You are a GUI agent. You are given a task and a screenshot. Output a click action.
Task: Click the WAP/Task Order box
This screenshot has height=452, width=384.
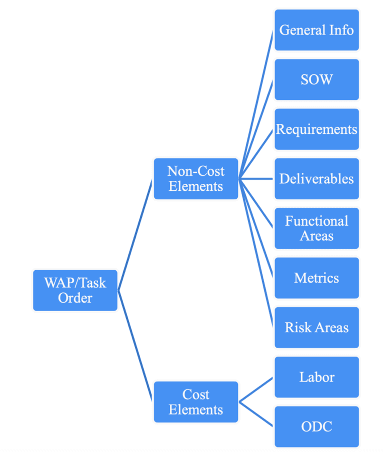pyautogui.click(x=75, y=290)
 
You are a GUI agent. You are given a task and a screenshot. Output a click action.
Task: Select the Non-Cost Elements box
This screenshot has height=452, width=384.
pyautogui.click(x=195, y=179)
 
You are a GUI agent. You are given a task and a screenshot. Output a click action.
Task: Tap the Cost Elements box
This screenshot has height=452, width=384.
pyautogui.click(x=195, y=402)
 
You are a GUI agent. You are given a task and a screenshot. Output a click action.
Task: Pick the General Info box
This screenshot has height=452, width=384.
pyautogui.click(x=316, y=30)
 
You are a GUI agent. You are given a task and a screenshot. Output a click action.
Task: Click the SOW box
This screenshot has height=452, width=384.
pyautogui.click(x=316, y=79)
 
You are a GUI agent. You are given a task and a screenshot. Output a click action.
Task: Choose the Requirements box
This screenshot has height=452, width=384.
pyautogui.click(x=316, y=129)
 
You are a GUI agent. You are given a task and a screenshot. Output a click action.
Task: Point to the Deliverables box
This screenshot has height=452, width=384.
pyautogui.click(x=316, y=179)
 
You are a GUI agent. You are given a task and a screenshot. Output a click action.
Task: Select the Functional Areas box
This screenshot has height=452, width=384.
pyautogui.click(x=316, y=228)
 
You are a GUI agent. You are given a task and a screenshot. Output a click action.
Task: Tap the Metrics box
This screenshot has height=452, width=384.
pyautogui.click(x=316, y=278)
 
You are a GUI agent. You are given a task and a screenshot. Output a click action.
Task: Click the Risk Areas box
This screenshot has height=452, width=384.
pyautogui.click(x=316, y=328)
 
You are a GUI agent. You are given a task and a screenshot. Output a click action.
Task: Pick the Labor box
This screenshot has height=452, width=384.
pyautogui.click(x=316, y=377)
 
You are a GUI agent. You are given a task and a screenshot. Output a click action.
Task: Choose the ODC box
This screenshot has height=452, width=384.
pyautogui.click(x=316, y=427)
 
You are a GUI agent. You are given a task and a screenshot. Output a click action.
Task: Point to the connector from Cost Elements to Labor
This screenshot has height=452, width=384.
pyautogui.click(x=256, y=390)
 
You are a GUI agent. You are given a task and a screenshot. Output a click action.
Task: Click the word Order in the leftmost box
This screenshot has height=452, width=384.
pyautogui.click(x=75, y=298)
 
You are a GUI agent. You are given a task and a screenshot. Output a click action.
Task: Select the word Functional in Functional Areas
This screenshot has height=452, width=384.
pyautogui.click(x=316, y=221)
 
